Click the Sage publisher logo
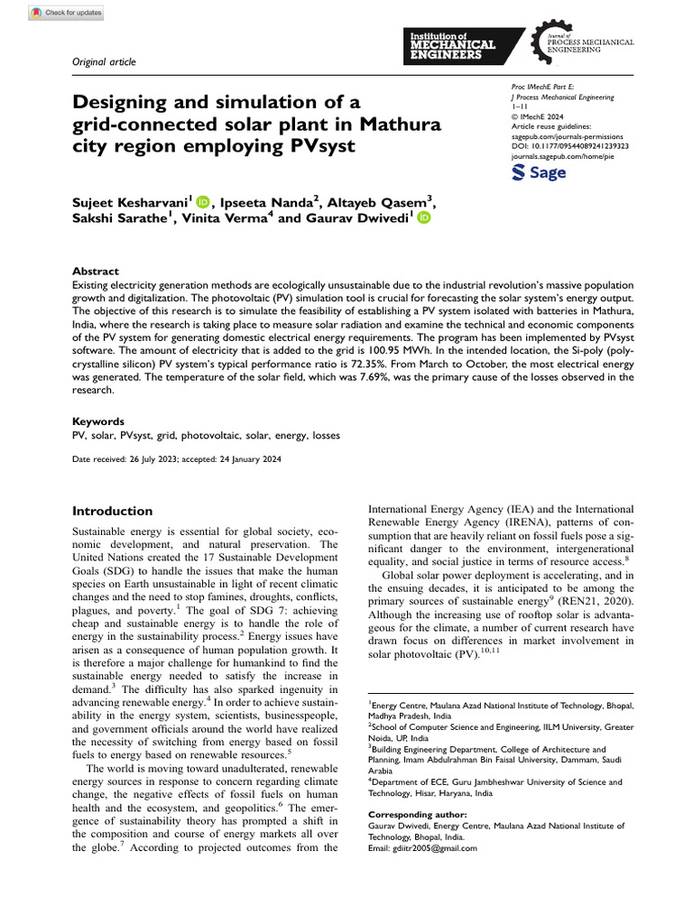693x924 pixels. pos(540,173)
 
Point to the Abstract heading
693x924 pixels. pos(95,271)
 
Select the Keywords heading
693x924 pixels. pos(98,421)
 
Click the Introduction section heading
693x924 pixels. pos(113,511)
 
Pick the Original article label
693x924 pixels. pos(104,61)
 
